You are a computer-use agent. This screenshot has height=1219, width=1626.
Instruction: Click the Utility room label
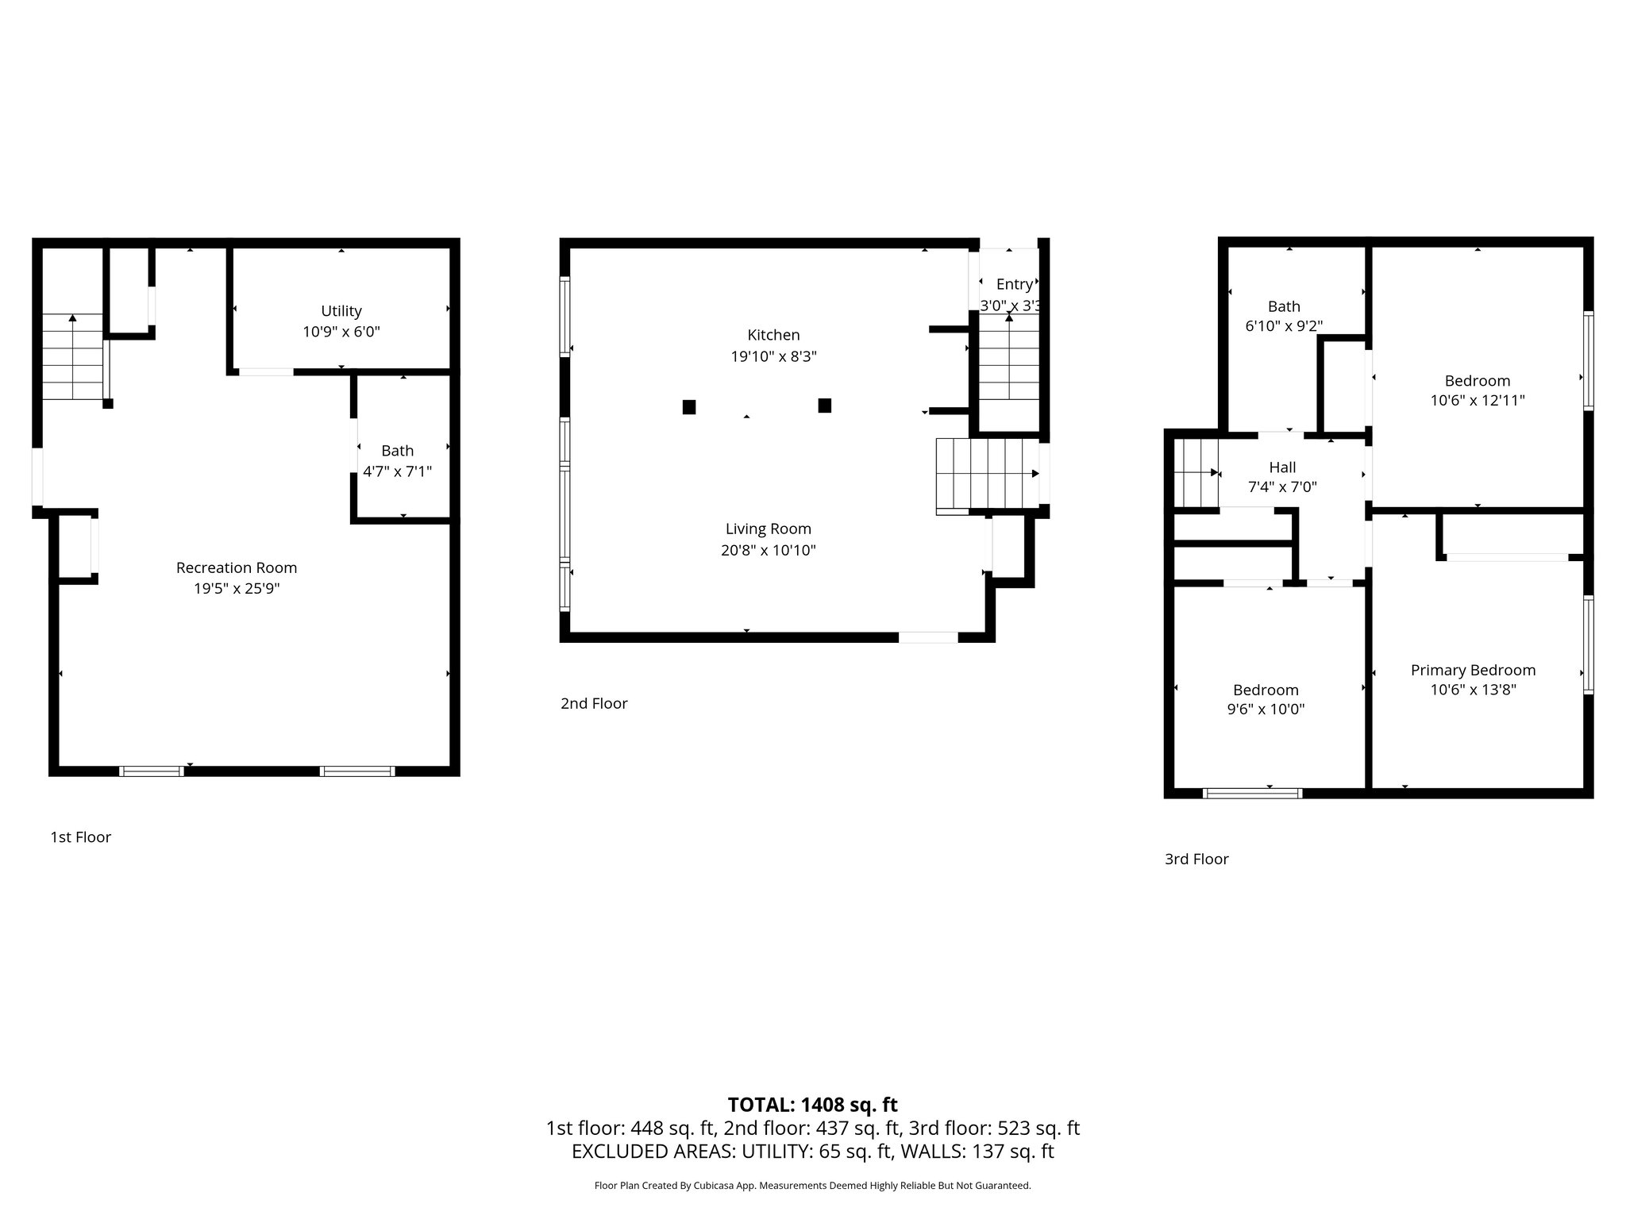click(x=341, y=311)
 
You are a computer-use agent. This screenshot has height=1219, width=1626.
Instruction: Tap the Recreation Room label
click(x=237, y=567)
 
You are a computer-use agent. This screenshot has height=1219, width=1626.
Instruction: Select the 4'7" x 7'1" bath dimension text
click(x=398, y=471)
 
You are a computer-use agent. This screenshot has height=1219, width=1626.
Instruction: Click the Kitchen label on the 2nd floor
click(x=774, y=335)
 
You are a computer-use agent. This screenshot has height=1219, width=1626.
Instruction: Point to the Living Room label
click(x=769, y=529)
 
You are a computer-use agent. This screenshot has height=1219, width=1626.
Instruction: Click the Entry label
click(x=1015, y=284)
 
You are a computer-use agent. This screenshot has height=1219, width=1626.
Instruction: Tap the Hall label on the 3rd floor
click(x=1283, y=467)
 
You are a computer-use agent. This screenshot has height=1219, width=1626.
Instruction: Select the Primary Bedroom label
click(x=1474, y=671)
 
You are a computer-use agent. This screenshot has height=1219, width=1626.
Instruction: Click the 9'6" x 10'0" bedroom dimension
click(x=1266, y=709)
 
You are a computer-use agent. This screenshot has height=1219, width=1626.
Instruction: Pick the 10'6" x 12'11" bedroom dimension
click(x=1478, y=401)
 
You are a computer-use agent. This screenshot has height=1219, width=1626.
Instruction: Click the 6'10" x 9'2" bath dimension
click(x=1284, y=326)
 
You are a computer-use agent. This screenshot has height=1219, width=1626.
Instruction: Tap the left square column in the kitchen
click(x=689, y=406)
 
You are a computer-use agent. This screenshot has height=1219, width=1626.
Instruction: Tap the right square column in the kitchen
click(x=825, y=406)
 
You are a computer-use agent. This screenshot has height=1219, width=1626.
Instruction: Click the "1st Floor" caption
click(x=81, y=837)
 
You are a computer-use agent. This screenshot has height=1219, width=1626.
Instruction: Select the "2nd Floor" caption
click(x=594, y=704)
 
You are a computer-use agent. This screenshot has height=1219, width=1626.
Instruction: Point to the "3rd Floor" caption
click(x=1196, y=859)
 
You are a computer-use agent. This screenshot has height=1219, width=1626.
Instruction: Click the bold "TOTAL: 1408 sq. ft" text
click(x=813, y=1105)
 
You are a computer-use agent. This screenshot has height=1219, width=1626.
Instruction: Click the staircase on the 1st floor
click(x=73, y=357)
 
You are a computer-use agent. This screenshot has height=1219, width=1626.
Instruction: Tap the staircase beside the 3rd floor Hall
click(x=1196, y=473)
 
